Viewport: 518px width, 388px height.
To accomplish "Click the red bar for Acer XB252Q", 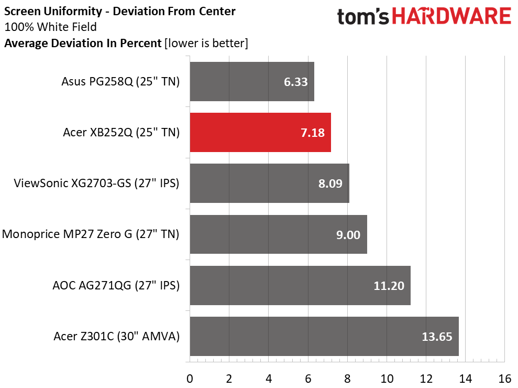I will click(260, 133).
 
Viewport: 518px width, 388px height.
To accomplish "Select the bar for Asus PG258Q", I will click(251, 82).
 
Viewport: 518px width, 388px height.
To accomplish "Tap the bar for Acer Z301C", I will click(324, 337).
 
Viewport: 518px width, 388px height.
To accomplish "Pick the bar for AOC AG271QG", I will click(300, 286).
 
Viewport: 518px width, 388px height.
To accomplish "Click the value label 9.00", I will click(348, 235).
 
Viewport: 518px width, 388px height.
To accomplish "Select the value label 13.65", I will click(437, 337).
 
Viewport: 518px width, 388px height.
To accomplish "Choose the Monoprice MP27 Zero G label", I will click(91, 234).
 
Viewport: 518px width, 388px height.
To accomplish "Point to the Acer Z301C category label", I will click(116, 336).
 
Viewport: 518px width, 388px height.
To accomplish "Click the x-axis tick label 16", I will click(504, 378).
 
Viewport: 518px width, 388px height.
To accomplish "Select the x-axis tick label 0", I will click(190, 378).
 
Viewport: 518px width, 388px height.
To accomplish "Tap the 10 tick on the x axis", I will click(387, 378).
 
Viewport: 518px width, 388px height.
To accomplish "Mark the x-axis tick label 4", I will click(269, 378).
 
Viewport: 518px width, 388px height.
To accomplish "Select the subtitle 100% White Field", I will click(50, 27).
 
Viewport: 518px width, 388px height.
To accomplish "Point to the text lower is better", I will click(206, 43).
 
